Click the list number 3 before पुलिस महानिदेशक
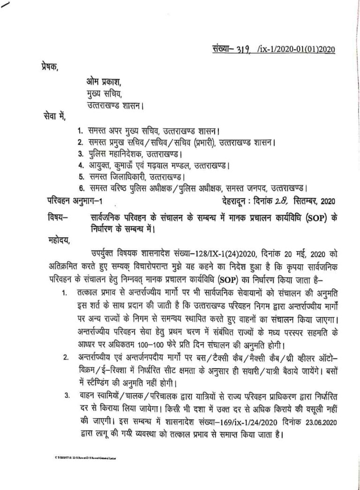click(80, 153)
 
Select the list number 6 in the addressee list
click(80, 188)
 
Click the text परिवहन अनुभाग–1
click(75, 202)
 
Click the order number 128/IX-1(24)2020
click(220, 255)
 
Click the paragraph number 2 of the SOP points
click(67, 358)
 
